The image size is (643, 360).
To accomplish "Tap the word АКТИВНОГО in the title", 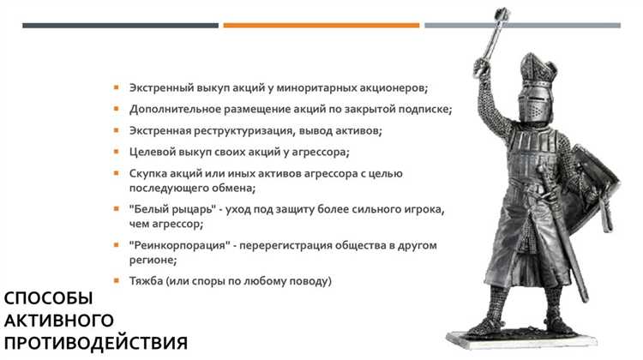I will (59, 321).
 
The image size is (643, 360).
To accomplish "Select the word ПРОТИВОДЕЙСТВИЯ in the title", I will (94, 344).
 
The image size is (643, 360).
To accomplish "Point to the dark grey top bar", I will (120, 26).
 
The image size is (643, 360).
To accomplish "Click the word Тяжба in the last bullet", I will (147, 280).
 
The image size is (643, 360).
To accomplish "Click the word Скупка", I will (148, 173).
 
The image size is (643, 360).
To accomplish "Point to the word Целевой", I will (153, 152).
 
